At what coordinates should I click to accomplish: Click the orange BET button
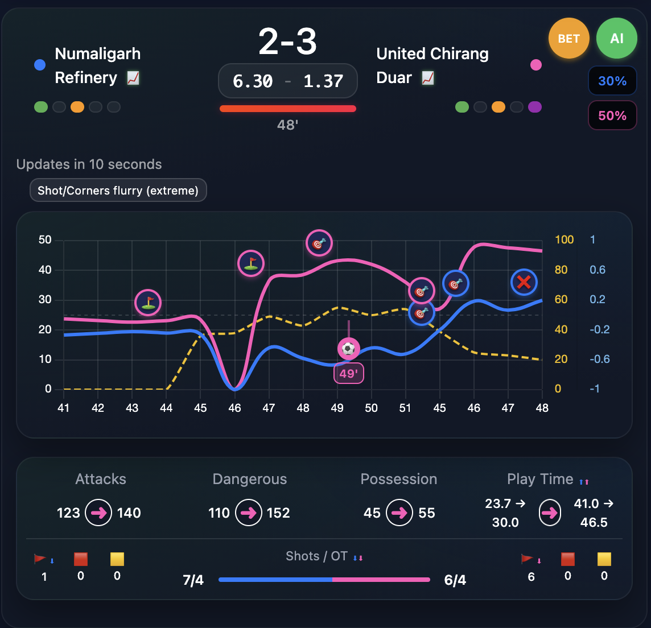point(568,39)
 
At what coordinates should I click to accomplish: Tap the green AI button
point(616,39)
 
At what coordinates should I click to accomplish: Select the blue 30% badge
point(612,81)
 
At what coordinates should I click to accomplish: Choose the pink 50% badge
point(612,116)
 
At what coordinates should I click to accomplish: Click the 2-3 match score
point(287,42)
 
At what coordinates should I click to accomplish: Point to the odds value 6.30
point(253,81)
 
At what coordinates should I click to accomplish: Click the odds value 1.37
point(323,81)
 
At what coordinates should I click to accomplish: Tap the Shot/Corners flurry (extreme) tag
point(118,191)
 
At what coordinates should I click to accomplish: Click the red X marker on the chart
point(524,282)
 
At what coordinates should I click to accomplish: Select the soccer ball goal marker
point(349,348)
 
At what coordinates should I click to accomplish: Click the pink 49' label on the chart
point(348,374)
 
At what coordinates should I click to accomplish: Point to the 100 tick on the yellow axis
point(564,239)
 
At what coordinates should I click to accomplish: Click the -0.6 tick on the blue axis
point(597,359)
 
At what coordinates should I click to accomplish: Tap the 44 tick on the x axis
point(166,408)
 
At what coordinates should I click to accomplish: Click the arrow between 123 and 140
point(98,513)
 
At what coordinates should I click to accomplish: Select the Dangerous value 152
point(278,513)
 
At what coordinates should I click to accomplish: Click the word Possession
point(399,479)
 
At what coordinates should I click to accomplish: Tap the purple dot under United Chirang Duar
point(534,107)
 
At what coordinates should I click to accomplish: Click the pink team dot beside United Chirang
point(535,65)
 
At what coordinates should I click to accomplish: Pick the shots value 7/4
point(193,580)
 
